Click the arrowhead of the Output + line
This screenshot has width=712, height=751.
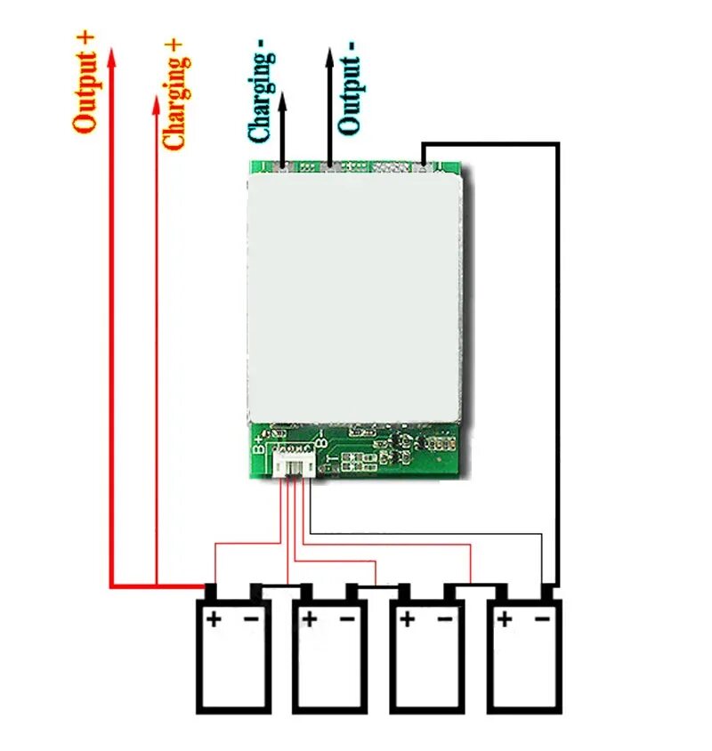111,55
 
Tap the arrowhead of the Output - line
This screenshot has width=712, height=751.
329,56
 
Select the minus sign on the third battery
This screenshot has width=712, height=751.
445,618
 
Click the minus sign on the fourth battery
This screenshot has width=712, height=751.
542,618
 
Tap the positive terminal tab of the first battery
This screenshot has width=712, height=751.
212,591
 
